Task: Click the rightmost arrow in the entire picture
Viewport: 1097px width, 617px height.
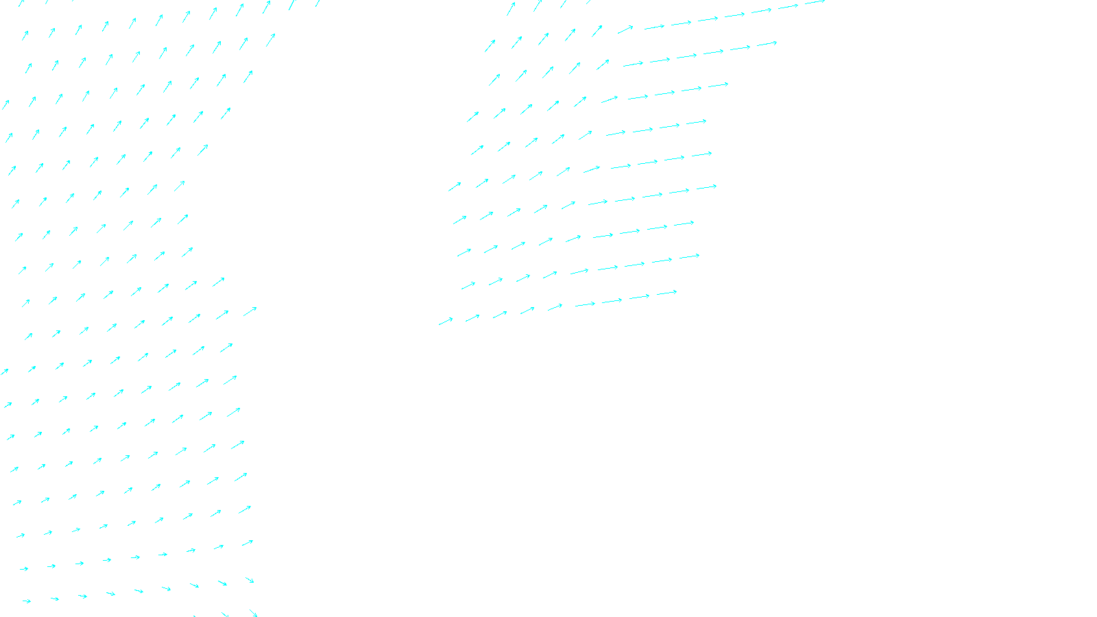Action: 815,2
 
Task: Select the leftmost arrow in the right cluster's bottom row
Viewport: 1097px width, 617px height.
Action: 446,321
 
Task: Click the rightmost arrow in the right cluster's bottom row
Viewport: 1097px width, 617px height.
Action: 666,293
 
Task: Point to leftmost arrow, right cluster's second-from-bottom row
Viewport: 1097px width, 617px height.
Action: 468,285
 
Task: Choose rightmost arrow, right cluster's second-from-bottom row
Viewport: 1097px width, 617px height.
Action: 689,257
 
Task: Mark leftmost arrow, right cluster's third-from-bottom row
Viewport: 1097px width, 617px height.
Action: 464,252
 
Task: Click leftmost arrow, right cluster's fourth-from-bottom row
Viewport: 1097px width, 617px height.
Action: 459,220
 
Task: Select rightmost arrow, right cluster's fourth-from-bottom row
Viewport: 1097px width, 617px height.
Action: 706,187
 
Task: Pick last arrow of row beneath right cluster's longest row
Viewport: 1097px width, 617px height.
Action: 767,44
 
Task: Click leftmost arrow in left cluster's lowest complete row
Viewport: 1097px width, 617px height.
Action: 27,601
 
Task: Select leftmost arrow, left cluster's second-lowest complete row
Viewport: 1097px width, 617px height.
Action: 24,568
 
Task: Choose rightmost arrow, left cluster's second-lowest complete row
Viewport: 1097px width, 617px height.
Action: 248,543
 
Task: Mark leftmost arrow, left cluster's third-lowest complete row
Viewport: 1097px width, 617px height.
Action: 21,535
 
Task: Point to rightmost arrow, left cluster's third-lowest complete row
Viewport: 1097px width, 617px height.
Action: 245,510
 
